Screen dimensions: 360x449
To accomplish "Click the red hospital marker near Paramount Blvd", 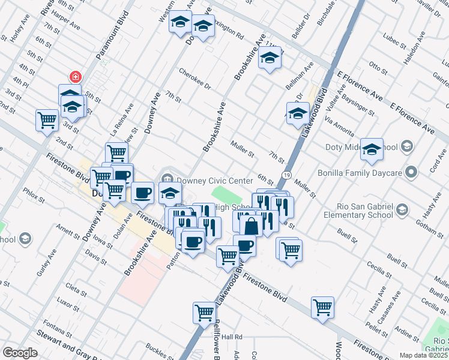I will point(75,77).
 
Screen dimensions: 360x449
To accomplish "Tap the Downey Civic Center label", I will point(214,181).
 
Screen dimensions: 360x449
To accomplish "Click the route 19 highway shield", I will point(288,175).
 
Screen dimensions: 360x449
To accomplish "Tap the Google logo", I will point(20,353).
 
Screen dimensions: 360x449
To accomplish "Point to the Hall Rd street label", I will point(231,337).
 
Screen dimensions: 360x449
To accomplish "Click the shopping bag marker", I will point(252,226).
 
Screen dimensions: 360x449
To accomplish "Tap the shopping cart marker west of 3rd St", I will point(47,120).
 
